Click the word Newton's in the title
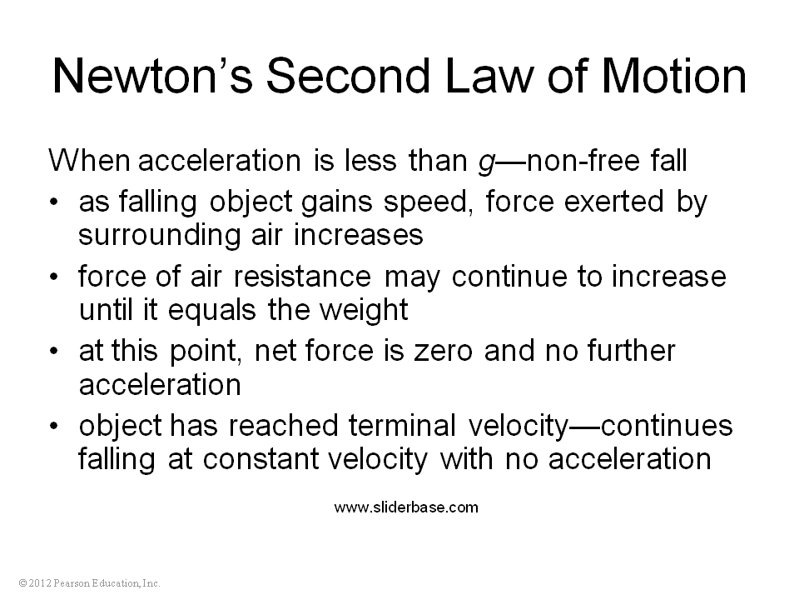click(152, 76)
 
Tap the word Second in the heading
click(349, 76)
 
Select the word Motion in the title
click(673, 76)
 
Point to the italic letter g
click(487, 162)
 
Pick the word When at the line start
click(89, 160)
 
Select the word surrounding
click(160, 236)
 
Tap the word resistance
click(302, 277)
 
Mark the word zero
click(443, 352)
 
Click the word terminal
click(402, 426)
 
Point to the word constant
click(260, 459)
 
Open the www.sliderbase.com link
click(406, 507)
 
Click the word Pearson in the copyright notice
click(71, 583)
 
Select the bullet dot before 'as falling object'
click(53, 202)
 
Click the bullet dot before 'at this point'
click(53, 352)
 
